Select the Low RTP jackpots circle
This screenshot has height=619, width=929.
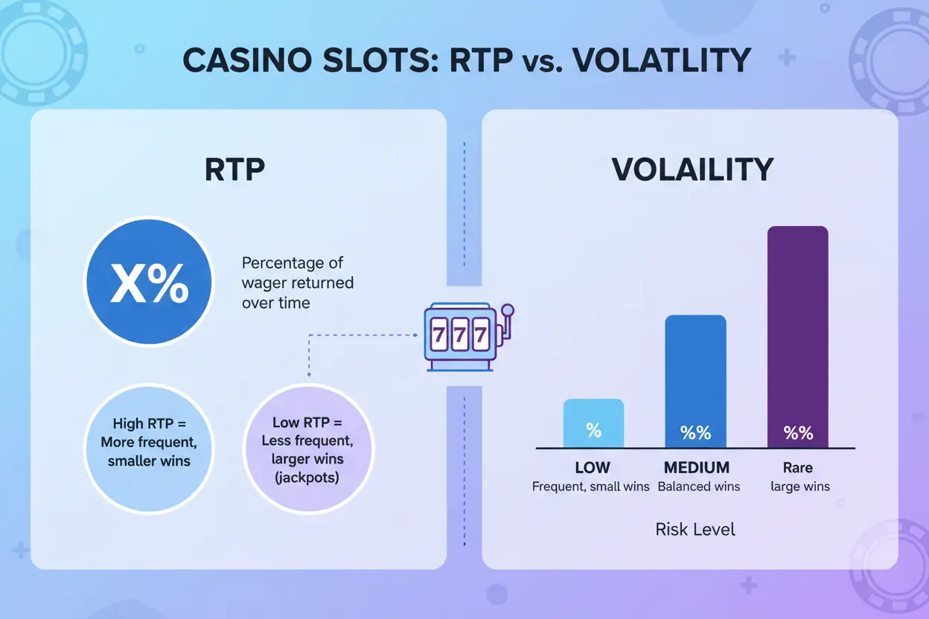pyautogui.click(x=308, y=449)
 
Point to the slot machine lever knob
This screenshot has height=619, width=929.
pyautogui.click(x=508, y=309)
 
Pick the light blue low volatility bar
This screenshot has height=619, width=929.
pyautogui.click(x=593, y=423)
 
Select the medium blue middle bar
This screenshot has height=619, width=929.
pyautogui.click(x=695, y=381)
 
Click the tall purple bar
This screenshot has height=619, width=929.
pyautogui.click(x=797, y=336)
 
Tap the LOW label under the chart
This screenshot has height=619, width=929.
pyautogui.click(x=593, y=468)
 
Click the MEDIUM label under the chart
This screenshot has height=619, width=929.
pyautogui.click(x=697, y=468)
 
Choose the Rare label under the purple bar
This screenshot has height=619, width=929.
pyautogui.click(x=797, y=468)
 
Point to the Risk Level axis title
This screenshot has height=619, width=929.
pyautogui.click(x=695, y=530)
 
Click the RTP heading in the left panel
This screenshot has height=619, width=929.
pyautogui.click(x=234, y=170)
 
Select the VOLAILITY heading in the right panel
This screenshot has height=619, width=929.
pyautogui.click(x=692, y=170)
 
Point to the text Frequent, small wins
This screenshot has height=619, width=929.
pyautogui.click(x=591, y=487)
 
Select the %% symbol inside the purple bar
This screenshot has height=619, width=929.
pyautogui.click(x=798, y=432)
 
